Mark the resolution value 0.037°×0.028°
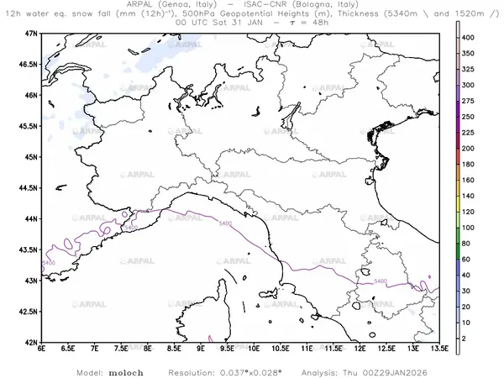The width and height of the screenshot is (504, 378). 243,370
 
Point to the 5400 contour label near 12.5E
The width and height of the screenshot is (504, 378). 381,281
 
